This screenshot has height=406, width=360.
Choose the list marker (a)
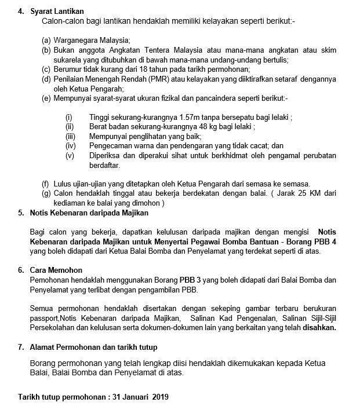point(46,41)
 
